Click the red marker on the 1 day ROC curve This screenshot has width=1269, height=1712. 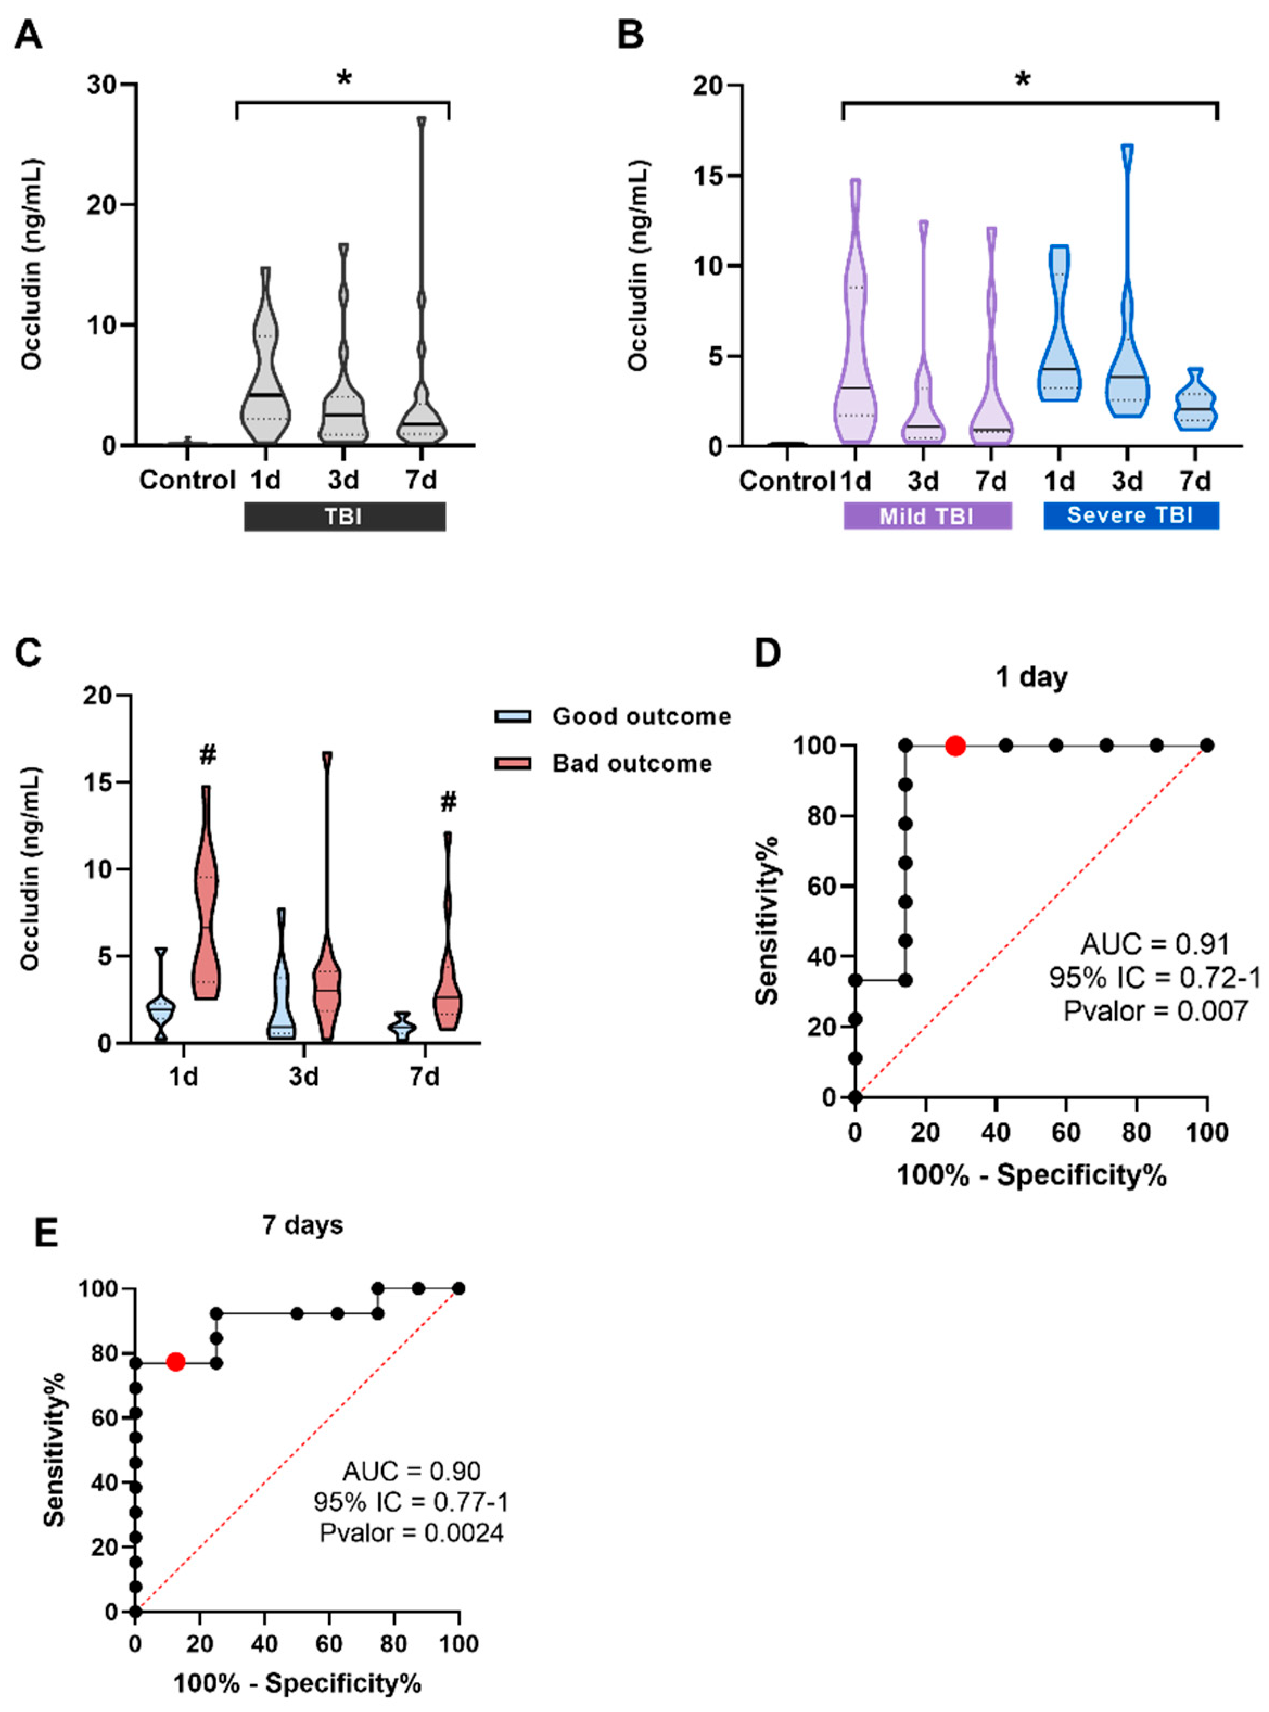pyautogui.click(x=955, y=745)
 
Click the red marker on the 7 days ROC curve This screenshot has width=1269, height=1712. pyautogui.click(x=175, y=1362)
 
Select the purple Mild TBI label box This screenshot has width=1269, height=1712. pyautogui.click(x=927, y=515)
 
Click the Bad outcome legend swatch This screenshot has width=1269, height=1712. pyautogui.click(x=512, y=763)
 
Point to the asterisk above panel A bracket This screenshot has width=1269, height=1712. pyautogui.click(x=344, y=79)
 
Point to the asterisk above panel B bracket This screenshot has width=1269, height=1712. pyautogui.click(x=1023, y=80)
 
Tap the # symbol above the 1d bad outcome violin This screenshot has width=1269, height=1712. pyautogui.click(x=207, y=755)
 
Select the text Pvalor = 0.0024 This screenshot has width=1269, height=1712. pyautogui.click(x=412, y=1532)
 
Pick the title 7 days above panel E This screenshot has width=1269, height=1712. pyautogui.click(x=303, y=1224)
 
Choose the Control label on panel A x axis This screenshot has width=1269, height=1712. pyautogui.click(x=187, y=481)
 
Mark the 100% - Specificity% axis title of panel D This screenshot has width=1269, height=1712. pyautogui.click(x=1031, y=1176)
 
